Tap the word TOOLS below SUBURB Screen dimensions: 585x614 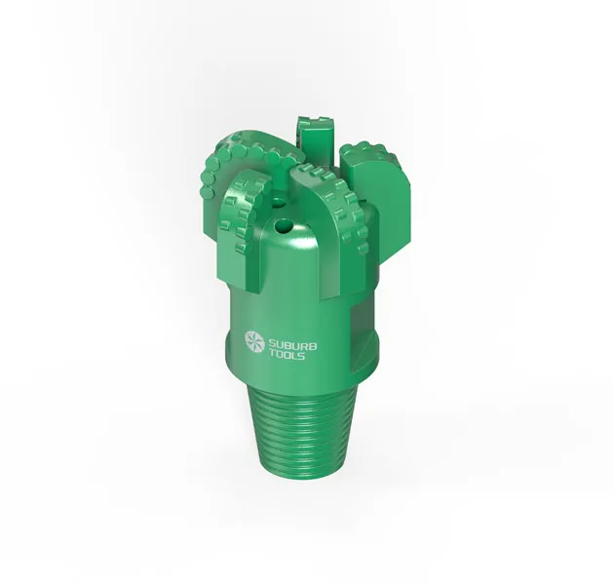point(287,355)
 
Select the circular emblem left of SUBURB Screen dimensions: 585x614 point(254,340)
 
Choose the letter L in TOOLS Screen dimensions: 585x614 point(293,356)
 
